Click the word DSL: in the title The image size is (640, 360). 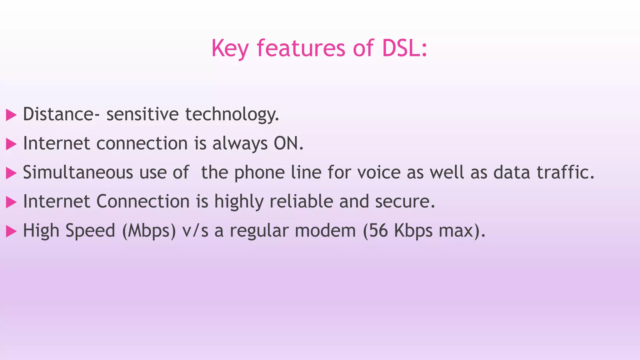[404, 48]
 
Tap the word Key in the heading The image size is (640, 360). [230, 48]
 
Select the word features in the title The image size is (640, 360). [301, 48]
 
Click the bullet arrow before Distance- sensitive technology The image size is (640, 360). [11, 115]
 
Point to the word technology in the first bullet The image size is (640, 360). [232, 114]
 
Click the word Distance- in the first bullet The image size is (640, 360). [62, 114]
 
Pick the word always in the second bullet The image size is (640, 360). [240, 143]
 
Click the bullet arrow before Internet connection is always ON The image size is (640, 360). [11, 144]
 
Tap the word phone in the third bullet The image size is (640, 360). [259, 172]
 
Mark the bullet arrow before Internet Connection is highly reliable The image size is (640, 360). [11, 202]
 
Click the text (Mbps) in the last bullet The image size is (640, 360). [149, 231]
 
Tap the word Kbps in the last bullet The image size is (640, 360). [413, 231]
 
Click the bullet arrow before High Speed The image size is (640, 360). [11, 232]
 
